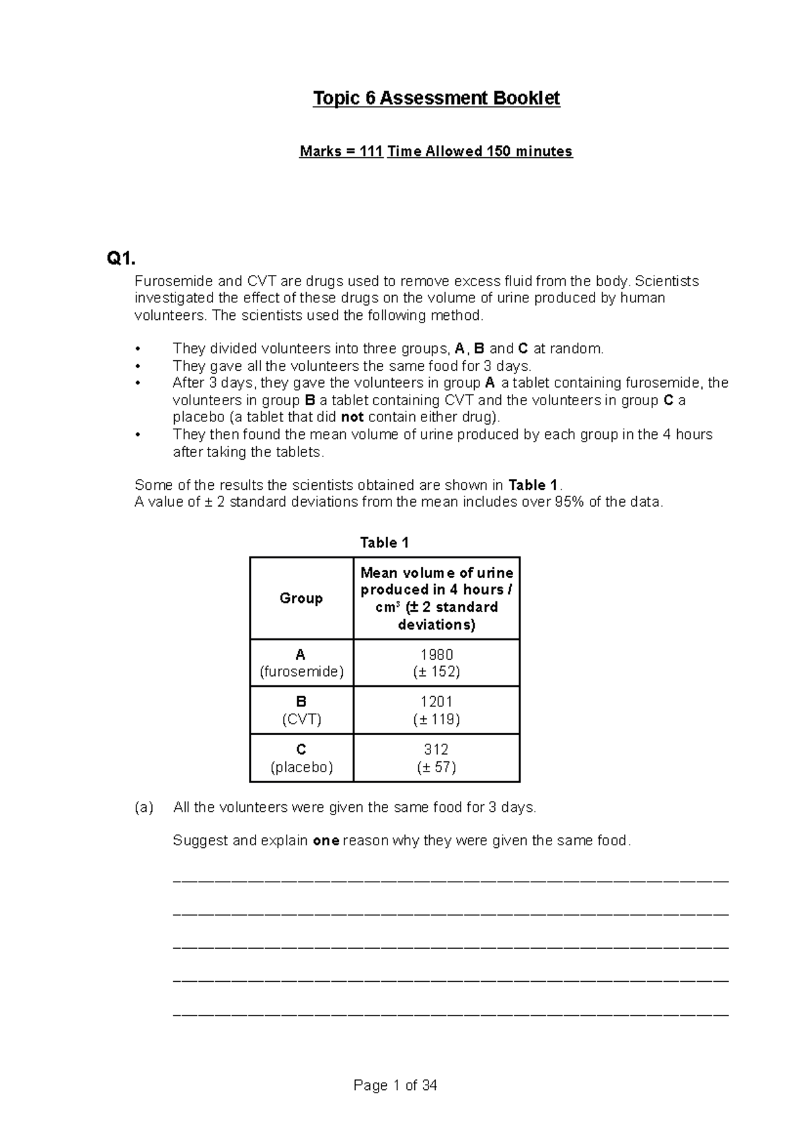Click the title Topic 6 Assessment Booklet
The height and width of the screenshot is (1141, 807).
click(436, 99)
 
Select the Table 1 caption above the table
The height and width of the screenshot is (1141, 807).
click(384, 542)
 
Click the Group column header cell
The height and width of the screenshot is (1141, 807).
click(301, 598)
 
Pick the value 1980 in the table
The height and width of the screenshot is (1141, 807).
click(436, 654)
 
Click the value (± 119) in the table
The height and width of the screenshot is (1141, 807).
click(436, 720)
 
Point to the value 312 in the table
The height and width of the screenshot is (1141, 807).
click(436, 749)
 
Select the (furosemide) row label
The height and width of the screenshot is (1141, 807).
click(301, 671)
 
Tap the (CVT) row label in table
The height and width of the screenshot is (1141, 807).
click(301, 720)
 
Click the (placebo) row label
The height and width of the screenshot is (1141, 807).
click(301, 767)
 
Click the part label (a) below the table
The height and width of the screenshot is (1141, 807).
click(144, 808)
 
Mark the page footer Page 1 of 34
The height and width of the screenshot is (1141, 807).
click(395, 1085)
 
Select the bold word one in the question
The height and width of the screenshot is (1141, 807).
click(326, 841)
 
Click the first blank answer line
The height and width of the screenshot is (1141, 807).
click(451, 879)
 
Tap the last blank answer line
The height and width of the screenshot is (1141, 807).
click(451, 1013)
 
